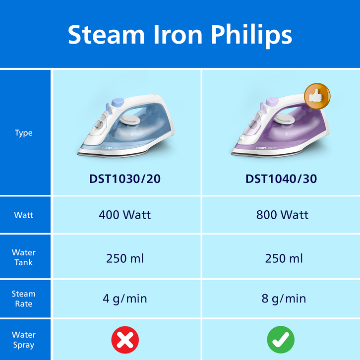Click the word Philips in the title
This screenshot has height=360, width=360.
pos(251,35)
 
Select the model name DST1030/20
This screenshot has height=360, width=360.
pos(124,179)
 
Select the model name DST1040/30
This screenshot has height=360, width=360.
pos(281,179)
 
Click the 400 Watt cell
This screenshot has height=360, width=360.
pos(124,215)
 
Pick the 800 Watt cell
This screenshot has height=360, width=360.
pos(282,215)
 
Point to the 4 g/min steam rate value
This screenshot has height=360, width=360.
pos(124,299)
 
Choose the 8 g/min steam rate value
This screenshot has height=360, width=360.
pos(284,299)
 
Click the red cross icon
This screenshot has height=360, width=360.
pos(125,340)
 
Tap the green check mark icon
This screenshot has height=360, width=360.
pos(281,340)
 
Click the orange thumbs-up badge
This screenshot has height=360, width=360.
pos(317,96)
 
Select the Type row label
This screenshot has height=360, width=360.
pos(24,133)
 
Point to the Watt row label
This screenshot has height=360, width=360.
pos(24,215)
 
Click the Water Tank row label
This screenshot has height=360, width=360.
pos(24,257)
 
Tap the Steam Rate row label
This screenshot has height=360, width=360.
pos(24,299)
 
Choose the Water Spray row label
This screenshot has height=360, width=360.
pos(24,340)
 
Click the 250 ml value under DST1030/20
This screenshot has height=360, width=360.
pos(124,258)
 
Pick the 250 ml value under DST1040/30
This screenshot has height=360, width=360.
pos(284,258)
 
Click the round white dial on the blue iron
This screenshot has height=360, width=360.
pos(130,120)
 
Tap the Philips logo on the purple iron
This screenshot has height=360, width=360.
pos(261,148)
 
